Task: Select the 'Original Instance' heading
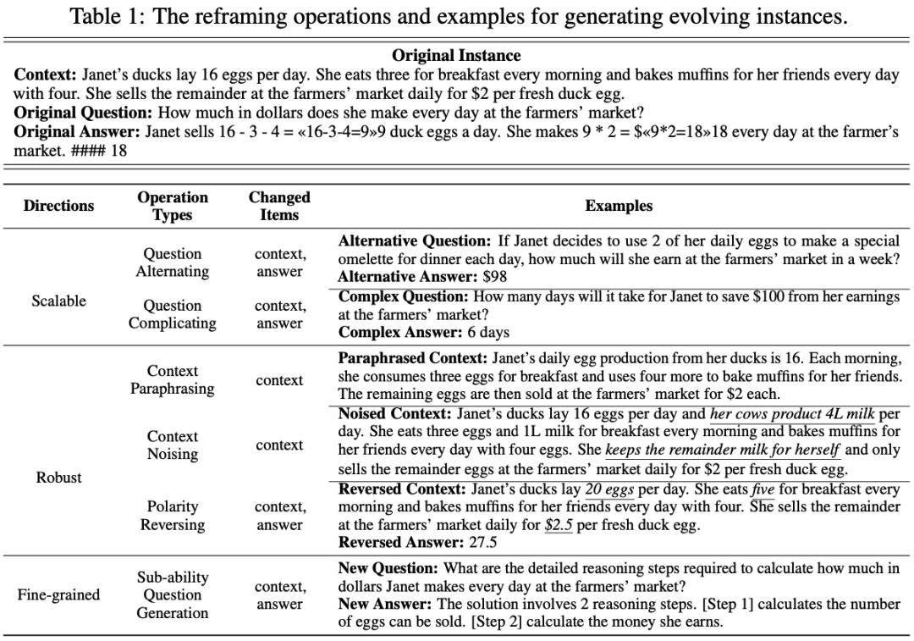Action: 456,56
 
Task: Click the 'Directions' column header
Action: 59,206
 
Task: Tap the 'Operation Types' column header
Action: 173,206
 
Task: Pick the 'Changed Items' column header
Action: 279,206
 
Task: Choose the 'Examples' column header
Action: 619,206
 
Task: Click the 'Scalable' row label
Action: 59,301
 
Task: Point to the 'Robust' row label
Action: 59,478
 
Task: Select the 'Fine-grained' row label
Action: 59,594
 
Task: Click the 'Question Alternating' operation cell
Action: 173,262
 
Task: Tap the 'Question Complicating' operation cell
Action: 173,314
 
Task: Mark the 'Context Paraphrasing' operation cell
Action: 173,380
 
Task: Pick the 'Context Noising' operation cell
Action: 173,445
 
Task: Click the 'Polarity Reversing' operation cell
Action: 173,516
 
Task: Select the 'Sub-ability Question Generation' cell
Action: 173,594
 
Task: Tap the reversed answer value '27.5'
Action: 480,543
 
